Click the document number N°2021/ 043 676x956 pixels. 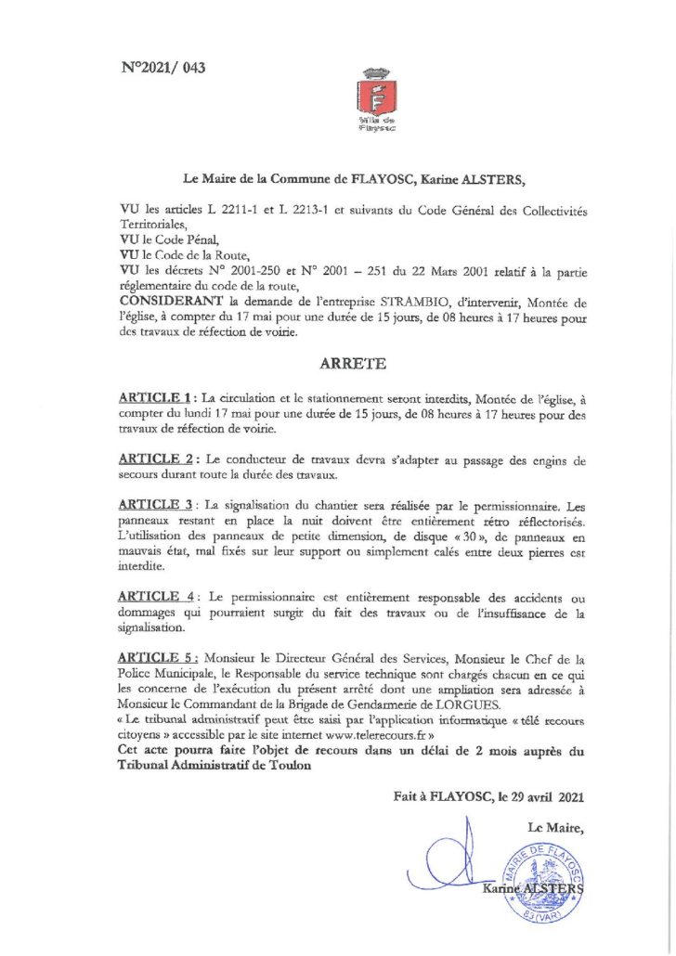click(163, 68)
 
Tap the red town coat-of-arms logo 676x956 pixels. click(377, 97)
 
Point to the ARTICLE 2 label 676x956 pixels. click(156, 459)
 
